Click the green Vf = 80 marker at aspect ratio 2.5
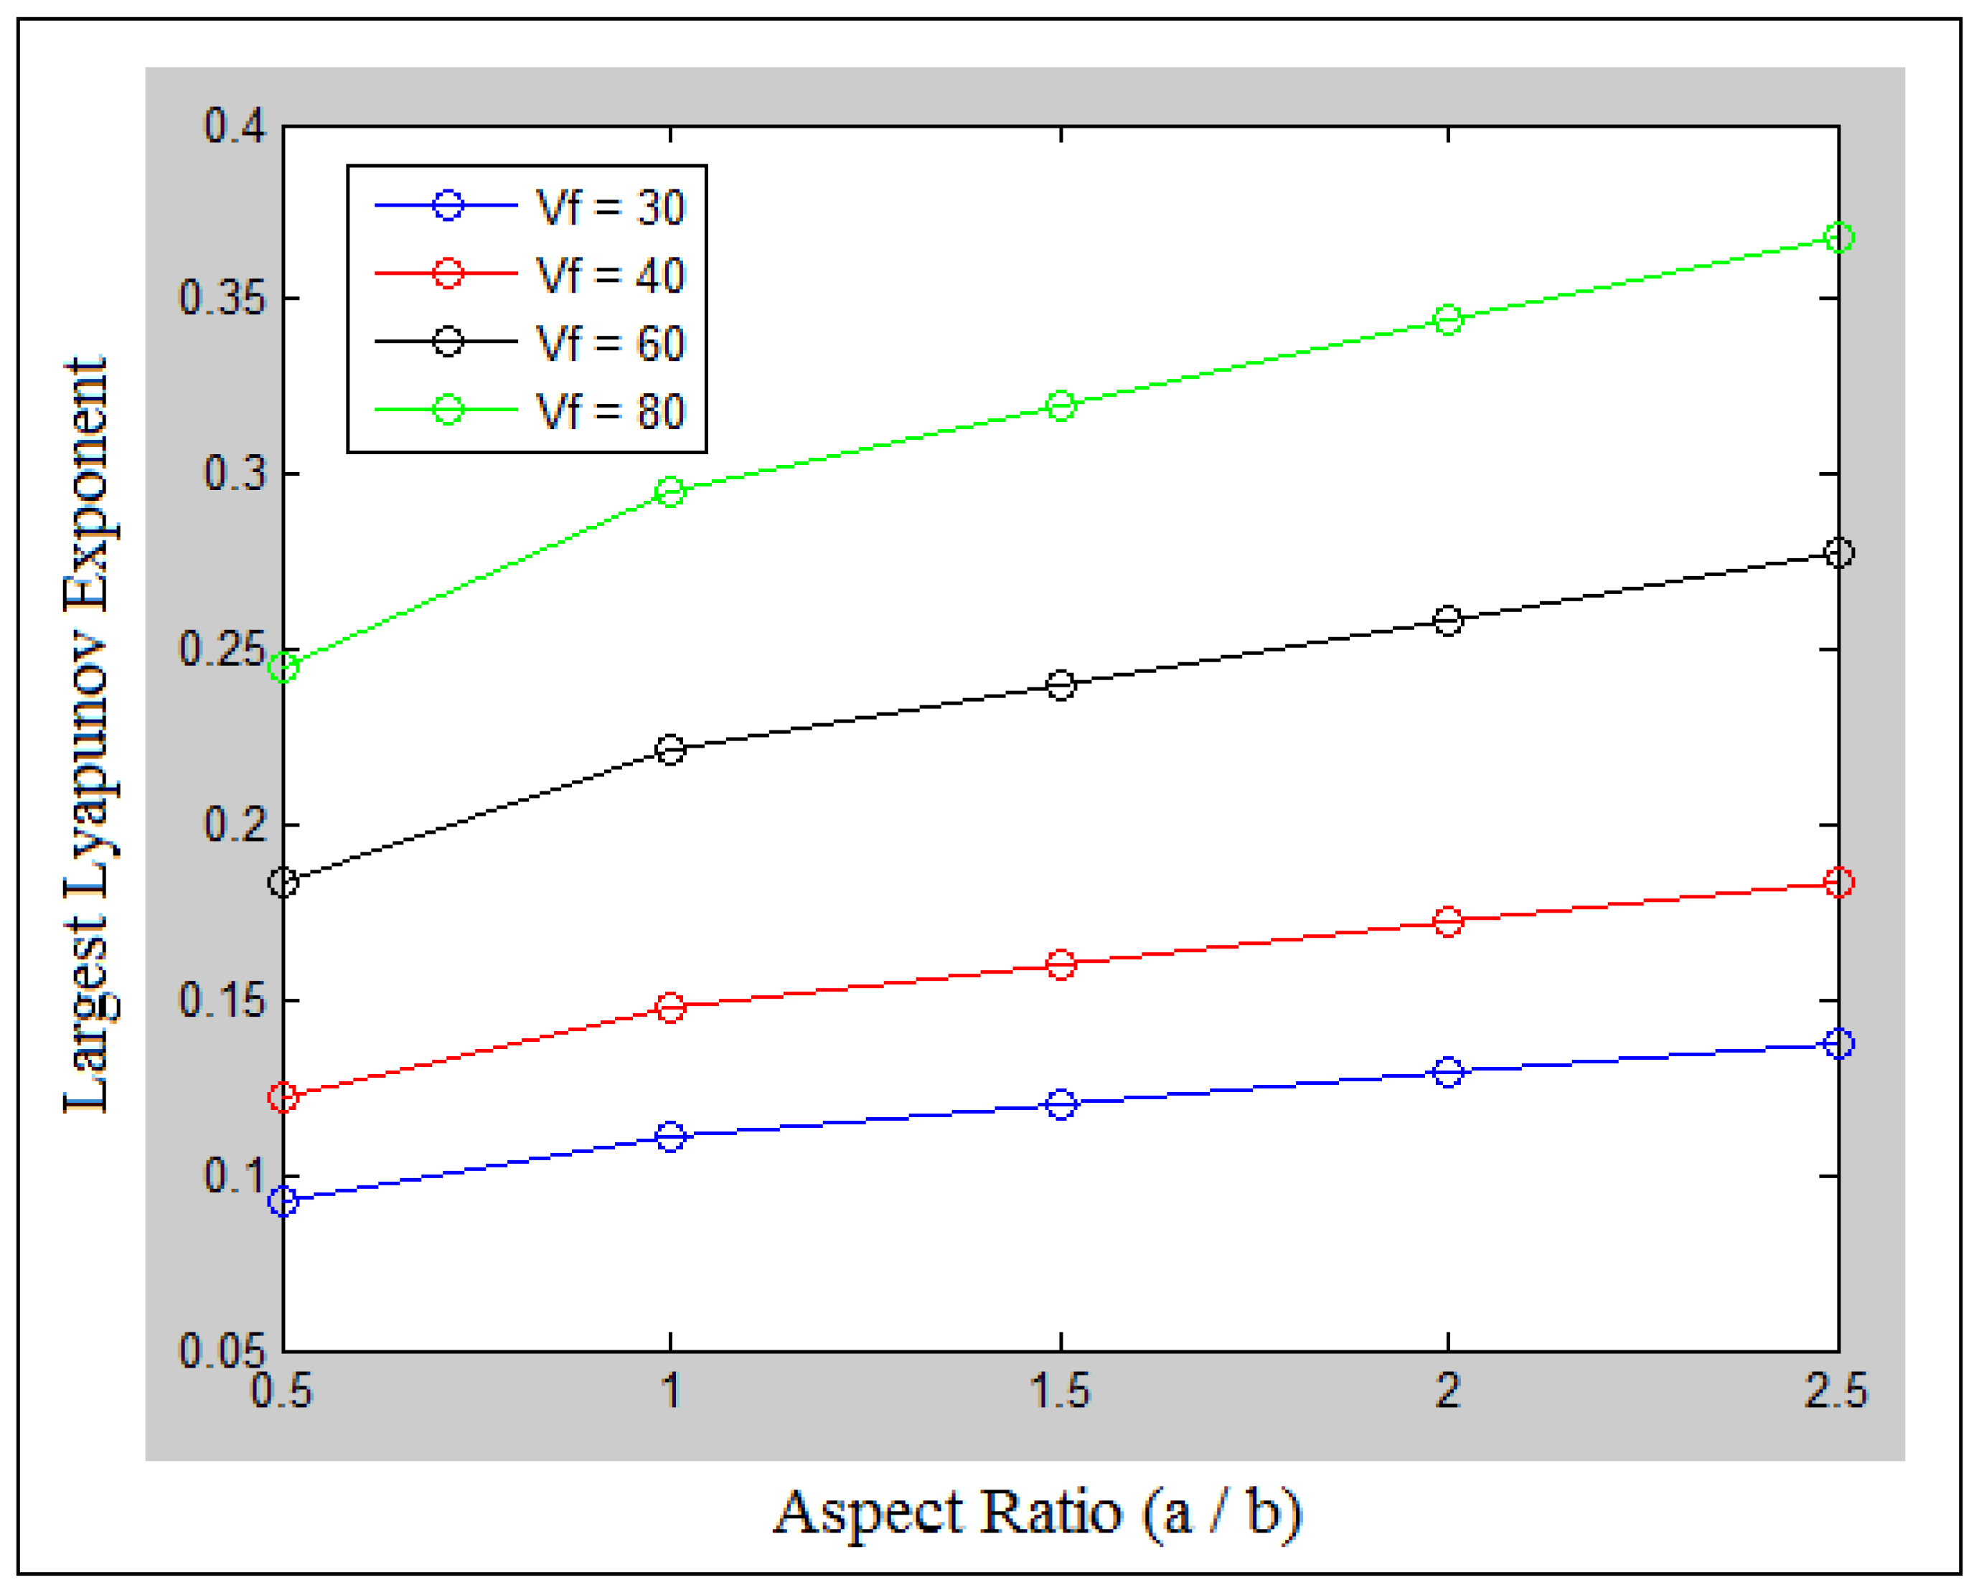(1838, 237)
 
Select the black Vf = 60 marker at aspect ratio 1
(671, 750)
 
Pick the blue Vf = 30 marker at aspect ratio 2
(1447, 1072)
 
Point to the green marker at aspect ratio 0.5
(283, 667)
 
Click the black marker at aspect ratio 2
(1447, 621)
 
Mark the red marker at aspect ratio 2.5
(1838, 883)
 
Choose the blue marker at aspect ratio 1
(671, 1137)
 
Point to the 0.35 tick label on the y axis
(223, 298)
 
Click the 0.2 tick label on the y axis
(235, 824)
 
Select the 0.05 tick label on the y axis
(223, 1351)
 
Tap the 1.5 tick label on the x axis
(1061, 1391)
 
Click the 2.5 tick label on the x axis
(1835, 1391)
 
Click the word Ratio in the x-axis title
(1051, 1512)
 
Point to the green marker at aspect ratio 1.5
(1061, 406)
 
